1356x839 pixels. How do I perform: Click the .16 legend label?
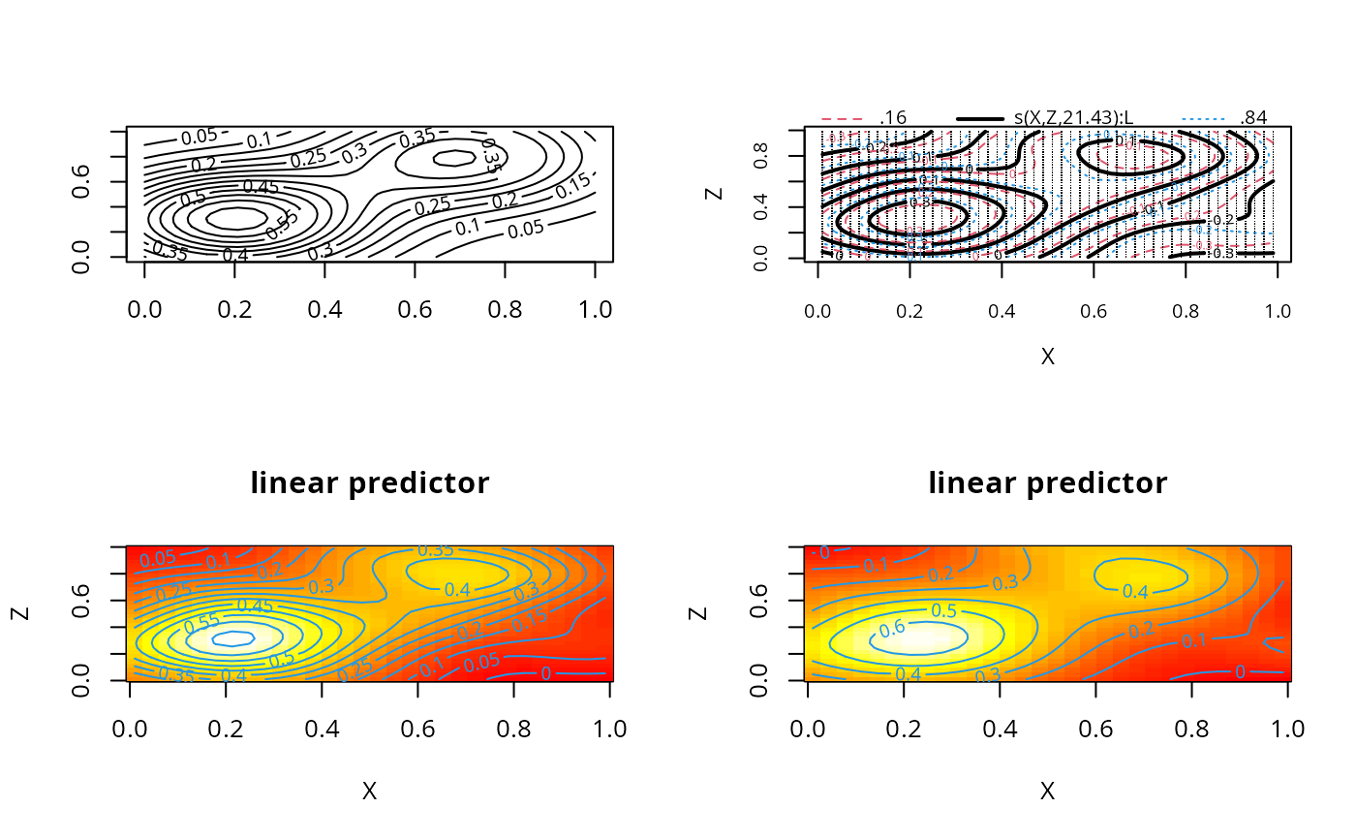[x=893, y=118]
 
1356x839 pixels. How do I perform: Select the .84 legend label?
[x=1253, y=118]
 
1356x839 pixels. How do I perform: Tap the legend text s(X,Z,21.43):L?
[x=1073, y=118]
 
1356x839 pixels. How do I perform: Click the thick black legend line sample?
[x=980, y=118]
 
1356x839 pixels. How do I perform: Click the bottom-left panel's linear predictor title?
[x=369, y=482]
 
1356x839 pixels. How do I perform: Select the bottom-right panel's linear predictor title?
[x=1047, y=482]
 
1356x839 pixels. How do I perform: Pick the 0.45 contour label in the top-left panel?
[x=259, y=186]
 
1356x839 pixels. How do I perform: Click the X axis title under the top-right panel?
[x=1047, y=357]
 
